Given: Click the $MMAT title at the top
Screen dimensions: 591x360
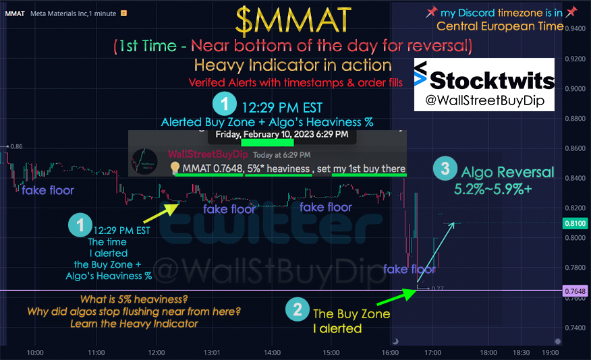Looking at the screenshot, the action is tap(293, 21).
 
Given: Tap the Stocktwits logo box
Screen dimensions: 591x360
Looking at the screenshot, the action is tap(484, 84).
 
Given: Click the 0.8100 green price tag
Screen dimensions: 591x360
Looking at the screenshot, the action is tap(575, 223).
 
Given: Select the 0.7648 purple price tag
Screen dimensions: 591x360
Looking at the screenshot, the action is tap(575, 291).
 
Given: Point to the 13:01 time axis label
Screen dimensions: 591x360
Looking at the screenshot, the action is tap(212, 353).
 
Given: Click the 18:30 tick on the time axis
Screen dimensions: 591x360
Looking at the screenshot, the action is tap(522, 353).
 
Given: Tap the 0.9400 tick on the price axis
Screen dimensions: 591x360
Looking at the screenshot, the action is tap(575, 28).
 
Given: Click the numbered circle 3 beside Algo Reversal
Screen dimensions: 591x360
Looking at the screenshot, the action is tap(445, 169).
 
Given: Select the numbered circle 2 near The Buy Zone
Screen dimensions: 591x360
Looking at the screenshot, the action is tap(298, 309).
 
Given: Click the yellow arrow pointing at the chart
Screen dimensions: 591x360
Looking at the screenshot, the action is tap(161, 213).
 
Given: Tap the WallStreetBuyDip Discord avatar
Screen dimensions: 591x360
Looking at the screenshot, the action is tap(144, 161).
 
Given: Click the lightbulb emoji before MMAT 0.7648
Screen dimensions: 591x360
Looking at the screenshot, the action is tap(175, 168).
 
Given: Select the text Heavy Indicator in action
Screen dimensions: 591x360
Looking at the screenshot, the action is tap(293, 65).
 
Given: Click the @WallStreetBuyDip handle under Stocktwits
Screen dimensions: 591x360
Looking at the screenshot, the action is tap(484, 100).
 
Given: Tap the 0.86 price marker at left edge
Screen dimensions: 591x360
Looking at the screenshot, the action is tap(15, 146).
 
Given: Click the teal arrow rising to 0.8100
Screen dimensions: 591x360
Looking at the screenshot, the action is tap(436, 252).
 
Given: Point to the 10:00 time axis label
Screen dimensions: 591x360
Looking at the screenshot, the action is tap(35, 353).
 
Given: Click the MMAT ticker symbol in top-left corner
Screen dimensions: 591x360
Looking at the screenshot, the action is tap(15, 13).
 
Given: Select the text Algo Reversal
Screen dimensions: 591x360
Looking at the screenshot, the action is tap(508, 172).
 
